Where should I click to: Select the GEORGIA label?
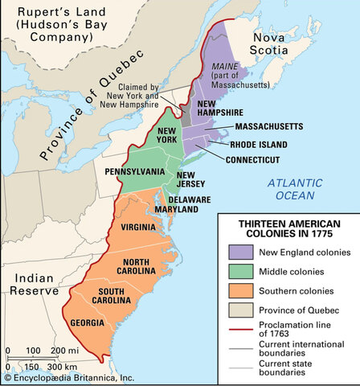(x=87, y=322)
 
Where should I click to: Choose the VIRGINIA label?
(x=138, y=228)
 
